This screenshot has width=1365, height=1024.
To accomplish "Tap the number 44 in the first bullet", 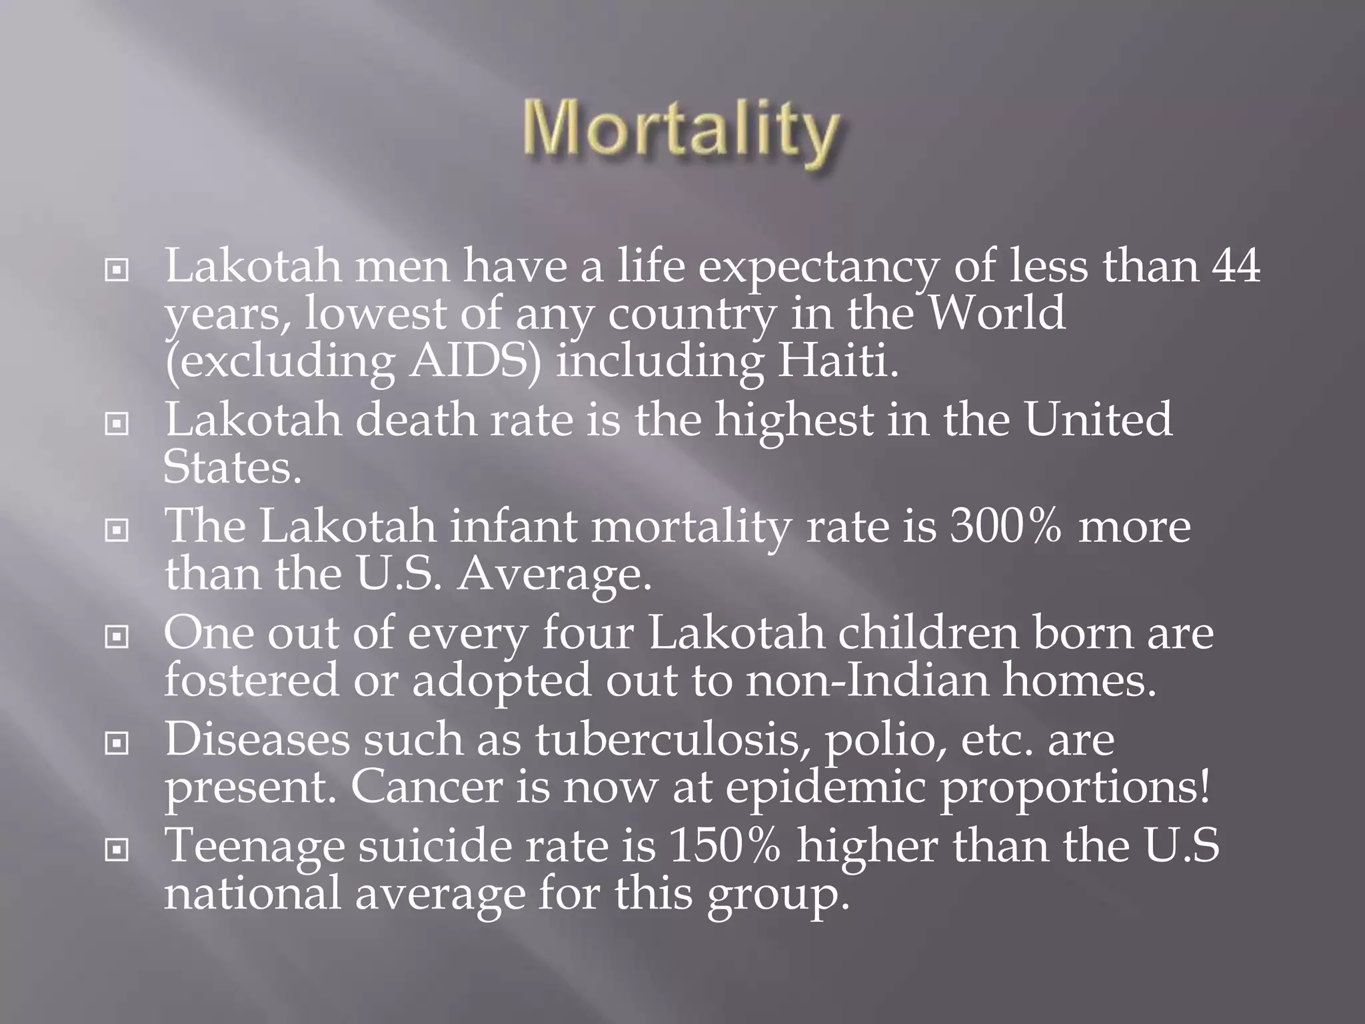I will pyautogui.click(x=1235, y=265).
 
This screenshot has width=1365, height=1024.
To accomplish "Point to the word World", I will pyautogui.click(x=997, y=313).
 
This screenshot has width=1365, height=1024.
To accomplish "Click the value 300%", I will pyautogui.click(x=1006, y=526).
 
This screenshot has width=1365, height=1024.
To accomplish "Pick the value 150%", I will pyautogui.click(x=724, y=845).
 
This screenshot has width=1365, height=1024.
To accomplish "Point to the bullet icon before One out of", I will pyautogui.click(x=117, y=638).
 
